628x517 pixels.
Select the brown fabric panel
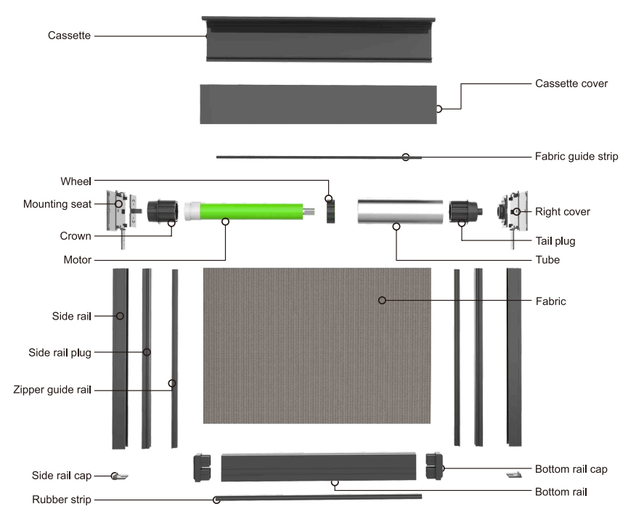(317, 345)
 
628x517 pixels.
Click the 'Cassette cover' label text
(571, 84)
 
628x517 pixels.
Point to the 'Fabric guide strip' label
(576, 156)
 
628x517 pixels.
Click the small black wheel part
(332, 211)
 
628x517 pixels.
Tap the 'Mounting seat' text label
(57, 205)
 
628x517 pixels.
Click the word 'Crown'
(76, 237)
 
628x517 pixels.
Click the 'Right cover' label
(563, 212)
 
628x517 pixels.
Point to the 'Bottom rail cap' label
(571, 469)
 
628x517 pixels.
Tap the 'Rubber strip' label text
(62, 500)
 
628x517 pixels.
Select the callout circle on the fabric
(382, 299)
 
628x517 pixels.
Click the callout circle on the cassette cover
(439, 110)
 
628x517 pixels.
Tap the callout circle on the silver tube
(396, 227)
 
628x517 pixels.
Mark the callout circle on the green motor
(225, 221)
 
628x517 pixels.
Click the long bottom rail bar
(319, 466)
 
